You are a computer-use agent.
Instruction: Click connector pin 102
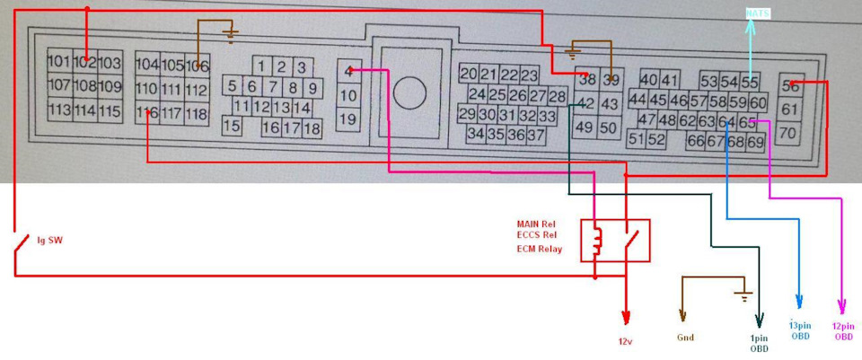[85, 62]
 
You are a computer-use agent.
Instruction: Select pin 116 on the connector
[146, 114]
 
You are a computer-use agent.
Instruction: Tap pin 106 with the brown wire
[198, 66]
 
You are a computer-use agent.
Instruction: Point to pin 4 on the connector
[348, 70]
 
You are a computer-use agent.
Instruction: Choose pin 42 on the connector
[585, 104]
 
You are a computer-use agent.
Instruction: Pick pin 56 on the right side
[790, 86]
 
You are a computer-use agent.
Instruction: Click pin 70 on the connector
[789, 133]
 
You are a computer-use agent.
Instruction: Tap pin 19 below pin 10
[348, 119]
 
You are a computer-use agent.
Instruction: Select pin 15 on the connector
[232, 127]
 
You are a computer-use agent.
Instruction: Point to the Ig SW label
[48, 241]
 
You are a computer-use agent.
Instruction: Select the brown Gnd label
[684, 338]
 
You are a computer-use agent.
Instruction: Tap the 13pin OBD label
[799, 330]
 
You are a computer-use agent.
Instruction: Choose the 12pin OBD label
[843, 330]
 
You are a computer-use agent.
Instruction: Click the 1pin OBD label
[760, 343]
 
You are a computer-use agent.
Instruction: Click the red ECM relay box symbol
[615, 240]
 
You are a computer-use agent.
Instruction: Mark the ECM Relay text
[539, 249]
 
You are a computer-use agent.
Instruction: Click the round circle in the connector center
[409, 92]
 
